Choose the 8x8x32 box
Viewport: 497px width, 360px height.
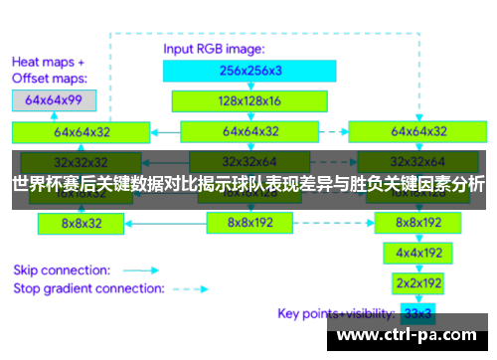82,224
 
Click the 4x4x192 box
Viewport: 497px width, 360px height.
418,253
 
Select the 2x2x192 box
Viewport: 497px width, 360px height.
418,282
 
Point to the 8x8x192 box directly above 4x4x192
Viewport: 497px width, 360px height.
418,223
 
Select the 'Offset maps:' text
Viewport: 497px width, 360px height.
50,78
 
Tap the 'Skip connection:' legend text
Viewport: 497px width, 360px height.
60,269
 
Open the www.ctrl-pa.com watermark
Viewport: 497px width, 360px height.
412,335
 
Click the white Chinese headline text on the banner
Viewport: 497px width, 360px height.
248,184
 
